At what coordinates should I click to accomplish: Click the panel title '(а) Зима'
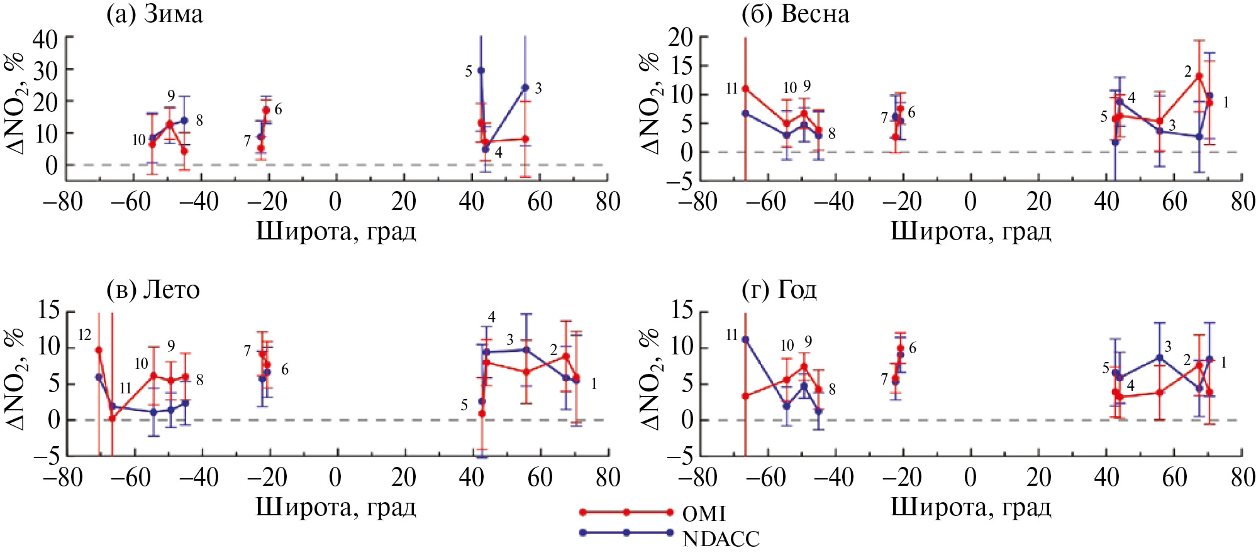point(155,14)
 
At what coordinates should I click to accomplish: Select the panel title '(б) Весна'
point(796,14)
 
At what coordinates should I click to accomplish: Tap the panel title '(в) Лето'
point(153,289)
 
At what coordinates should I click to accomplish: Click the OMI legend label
point(704,514)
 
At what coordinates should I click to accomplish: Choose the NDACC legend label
point(721,539)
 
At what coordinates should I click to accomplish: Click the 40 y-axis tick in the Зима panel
point(45,39)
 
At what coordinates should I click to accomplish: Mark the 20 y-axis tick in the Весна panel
point(680,38)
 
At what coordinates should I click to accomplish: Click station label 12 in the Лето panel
point(84,335)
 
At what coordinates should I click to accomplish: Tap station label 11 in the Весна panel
point(731,89)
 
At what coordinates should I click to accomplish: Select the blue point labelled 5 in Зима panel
point(481,70)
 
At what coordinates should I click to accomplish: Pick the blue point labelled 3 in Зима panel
point(525,87)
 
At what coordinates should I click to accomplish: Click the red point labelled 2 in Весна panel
point(1199,77)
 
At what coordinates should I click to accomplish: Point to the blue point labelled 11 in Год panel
point(745,339)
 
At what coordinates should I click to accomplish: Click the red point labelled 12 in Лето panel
point(99,350)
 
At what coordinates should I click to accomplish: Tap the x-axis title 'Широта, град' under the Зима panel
point(336,231)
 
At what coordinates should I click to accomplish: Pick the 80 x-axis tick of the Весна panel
point(1242,202)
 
